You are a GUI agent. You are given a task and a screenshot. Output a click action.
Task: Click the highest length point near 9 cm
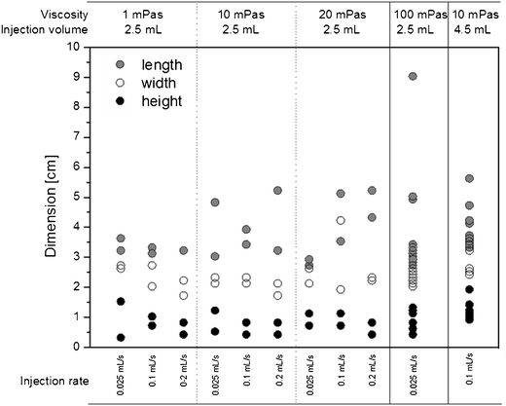[x=414, y=76]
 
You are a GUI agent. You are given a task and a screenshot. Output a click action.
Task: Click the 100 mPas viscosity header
[x=418, y=14]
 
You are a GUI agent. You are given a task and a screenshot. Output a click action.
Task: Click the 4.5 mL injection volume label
[x=471, y=29]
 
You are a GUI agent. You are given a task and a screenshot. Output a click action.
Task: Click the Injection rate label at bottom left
[x=42, y=380]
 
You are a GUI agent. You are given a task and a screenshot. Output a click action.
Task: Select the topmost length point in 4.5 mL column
[x=469, y=179]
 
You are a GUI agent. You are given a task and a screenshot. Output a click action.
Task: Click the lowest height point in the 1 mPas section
[x=121, y=337]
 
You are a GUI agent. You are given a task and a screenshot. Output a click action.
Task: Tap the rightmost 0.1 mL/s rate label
[x=470, y=380]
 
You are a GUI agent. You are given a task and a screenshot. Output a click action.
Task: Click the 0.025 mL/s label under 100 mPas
[x=414, y=380]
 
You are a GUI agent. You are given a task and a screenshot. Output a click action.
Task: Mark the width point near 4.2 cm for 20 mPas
[x=341, y=221]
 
